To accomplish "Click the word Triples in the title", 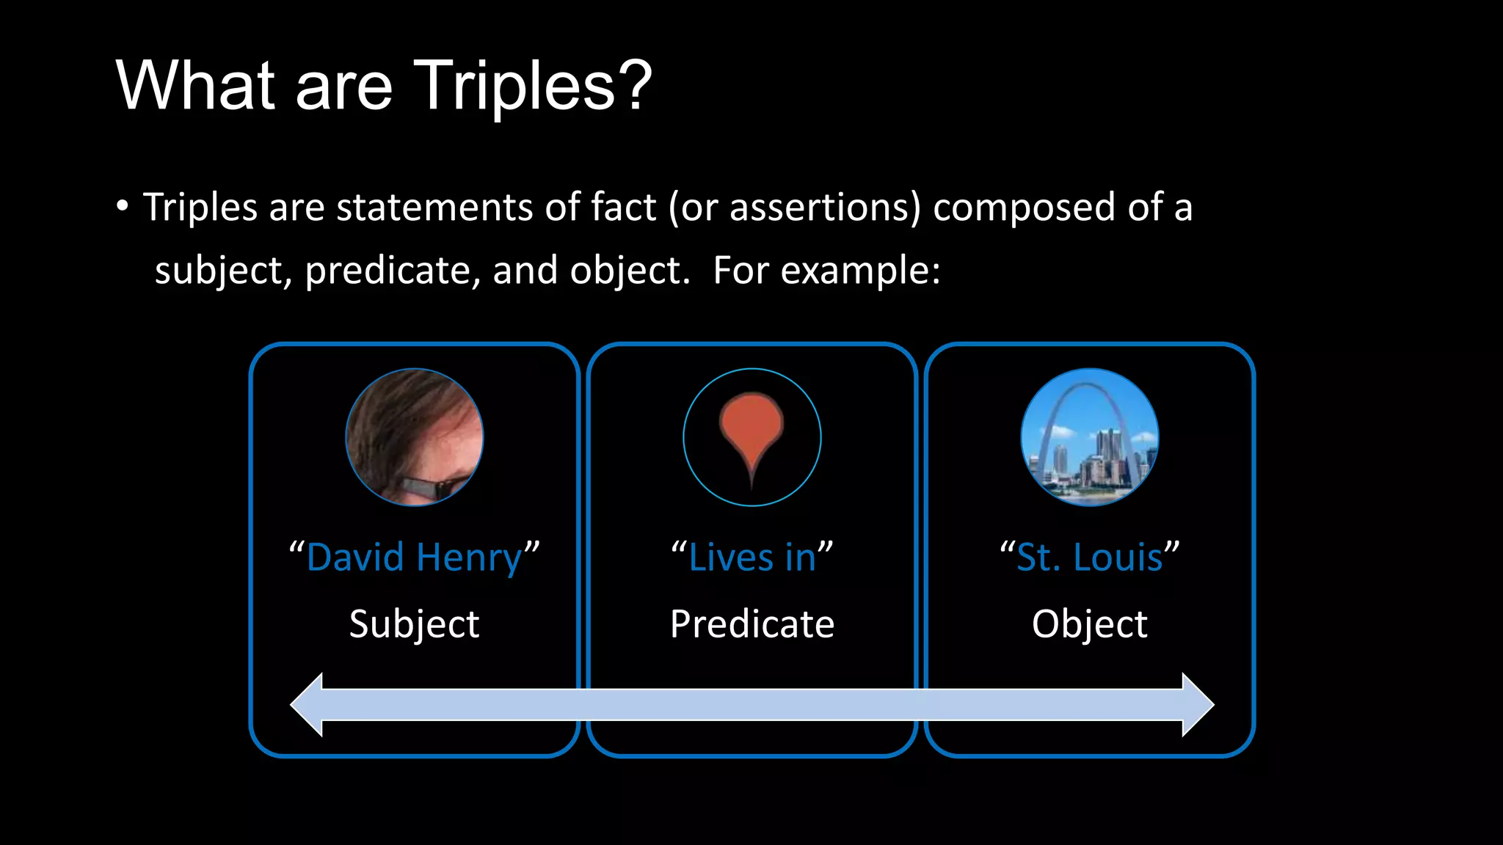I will pyautogui.click(x=514, y=87).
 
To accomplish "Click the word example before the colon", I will pyautogui.click(x=855, y=271).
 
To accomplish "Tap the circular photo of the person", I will pyautogui.click(x=415, y=437).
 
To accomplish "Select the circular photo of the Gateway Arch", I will pyautogui.click(x=1090, y=437).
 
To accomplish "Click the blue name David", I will pyautogui.click(x=355, y=557).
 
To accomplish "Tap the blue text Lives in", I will pyautogui.click(x=751, y=557).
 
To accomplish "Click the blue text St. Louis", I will pyautogui.click(x=1090, y=557).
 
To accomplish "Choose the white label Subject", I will pyautogui.click(x=415, y=625).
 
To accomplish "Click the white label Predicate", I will pyautogui.click(x=751, y=624).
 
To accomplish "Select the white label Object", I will pyautogui.click(x=1090, y=625).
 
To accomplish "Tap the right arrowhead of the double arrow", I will pyautogui.click(x=1197, y=704).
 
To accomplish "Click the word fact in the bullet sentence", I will pyautogui.click(x=623, y=207).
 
